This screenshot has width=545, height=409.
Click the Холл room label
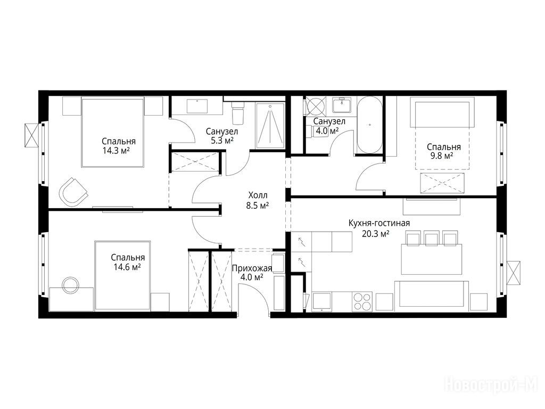point(258,195)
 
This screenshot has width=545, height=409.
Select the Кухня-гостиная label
point(379,223)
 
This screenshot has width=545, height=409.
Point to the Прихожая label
point(252,268)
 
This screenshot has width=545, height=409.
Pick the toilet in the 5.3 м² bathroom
point(238,113)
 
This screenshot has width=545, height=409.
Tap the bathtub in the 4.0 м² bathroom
point(370,125)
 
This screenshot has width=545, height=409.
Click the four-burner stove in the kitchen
point(362,301)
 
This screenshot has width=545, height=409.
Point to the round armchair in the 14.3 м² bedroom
point(73,192)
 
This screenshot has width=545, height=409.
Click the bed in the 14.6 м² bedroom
point(123,275)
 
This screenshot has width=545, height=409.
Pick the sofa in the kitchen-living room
point(431,295)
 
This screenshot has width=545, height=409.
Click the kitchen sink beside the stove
point(321,301)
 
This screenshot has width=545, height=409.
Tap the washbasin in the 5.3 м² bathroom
point(197,106)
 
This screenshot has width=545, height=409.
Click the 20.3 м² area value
point(375,234)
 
